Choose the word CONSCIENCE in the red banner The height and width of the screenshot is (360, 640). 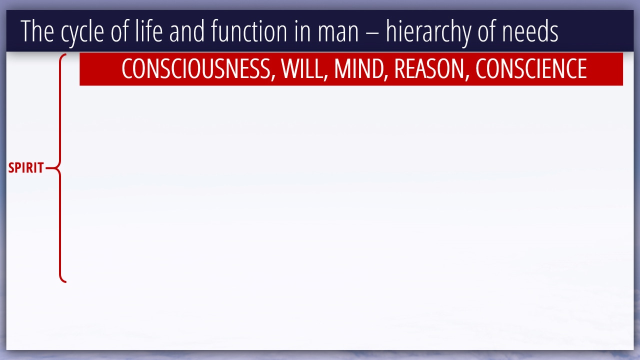point(531,68)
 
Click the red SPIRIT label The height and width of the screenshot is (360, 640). point(26,167)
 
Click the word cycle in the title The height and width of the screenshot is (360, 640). point(82,31)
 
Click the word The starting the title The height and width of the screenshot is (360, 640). point(37,31)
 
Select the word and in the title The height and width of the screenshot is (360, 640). point(187,31)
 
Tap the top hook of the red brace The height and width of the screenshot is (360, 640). point(63,55)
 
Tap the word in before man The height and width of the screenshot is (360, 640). point(302,31)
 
